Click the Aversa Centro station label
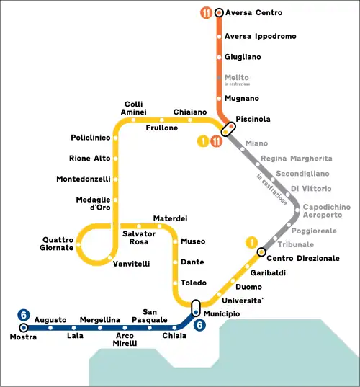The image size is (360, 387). click(253, 13)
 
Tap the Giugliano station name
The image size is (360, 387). click(243, 57)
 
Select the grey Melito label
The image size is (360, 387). click(236, 78)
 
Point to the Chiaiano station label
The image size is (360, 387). click(190, 112)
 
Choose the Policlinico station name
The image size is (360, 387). click(90, 137)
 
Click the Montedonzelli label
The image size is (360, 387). click(84, 179)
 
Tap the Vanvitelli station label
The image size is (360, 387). click(132, 264)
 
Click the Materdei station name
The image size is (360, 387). click(170, 218)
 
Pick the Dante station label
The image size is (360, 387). click(192, 262)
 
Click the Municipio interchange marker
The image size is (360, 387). click(195, 308)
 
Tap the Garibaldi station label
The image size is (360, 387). click(268, 272)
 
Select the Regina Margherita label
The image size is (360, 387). click(296, 158)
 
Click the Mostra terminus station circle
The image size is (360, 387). click(24, 328)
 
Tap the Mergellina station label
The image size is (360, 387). click(99, 319)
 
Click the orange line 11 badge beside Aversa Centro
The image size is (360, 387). click(207, 13)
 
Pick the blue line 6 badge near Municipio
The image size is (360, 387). click(200, 325)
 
